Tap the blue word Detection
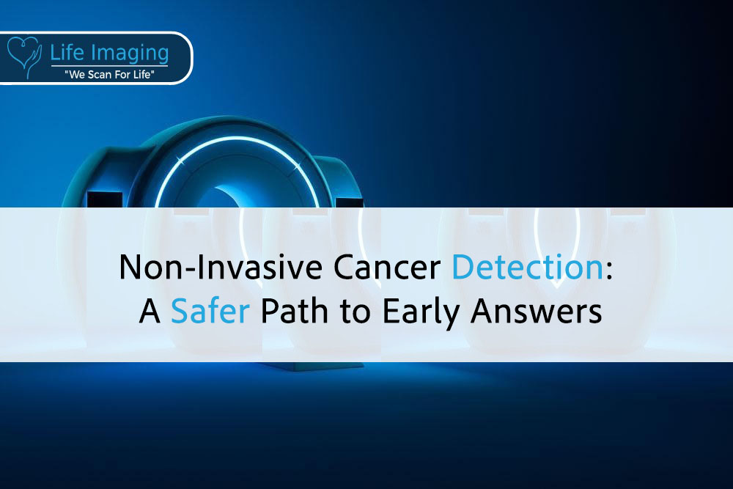(528, 267)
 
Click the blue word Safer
(210, 311)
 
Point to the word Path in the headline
(295, 311)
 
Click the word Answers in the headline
(537, 311)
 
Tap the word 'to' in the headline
(356, 312)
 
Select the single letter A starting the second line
(150, 311)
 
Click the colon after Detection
(609, 271)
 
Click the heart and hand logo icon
(24, 57)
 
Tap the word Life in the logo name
(67, 52)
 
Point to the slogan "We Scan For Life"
(109, 74)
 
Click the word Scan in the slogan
(98, 74)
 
